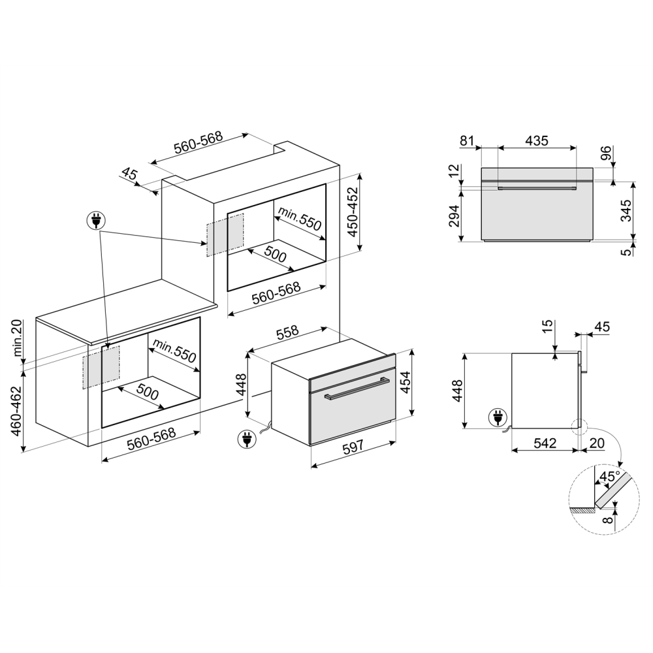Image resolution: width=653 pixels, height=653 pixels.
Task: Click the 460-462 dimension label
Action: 16,411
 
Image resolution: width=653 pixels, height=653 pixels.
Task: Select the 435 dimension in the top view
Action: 536,140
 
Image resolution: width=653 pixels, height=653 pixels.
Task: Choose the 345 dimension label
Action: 626,210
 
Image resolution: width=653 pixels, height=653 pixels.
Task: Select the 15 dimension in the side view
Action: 547,325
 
